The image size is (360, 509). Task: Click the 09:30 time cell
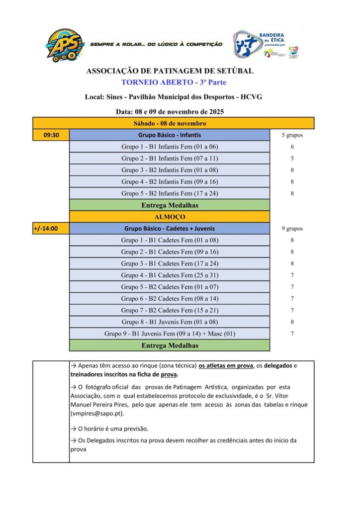click(x=51, y=135)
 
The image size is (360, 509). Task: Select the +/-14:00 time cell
click(x=51, y=229)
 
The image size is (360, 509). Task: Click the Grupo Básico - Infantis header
click(x=170, y=135)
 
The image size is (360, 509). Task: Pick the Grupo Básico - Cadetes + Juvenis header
click(x=170, y=229)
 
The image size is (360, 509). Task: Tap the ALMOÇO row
click(x=170, y=217)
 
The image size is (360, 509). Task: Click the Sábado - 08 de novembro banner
click(x=174, y=123)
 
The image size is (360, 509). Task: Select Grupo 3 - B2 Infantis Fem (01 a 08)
click(x=170, y=170)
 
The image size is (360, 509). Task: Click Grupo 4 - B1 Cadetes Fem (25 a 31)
click(x=170, y=275)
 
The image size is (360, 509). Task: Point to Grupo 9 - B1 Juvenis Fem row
click(x=170, y=334)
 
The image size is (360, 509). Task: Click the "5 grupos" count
click(x=292, y=135)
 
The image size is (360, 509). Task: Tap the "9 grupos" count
click(x=292, y=229)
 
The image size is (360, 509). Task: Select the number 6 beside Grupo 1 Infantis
click(x=292, y=147)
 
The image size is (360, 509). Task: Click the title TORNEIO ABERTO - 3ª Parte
click(x=170, y=82)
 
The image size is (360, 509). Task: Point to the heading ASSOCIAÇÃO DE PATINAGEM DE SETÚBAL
click(x=170, y=71)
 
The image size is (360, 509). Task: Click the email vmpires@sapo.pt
click(x=97, y=414)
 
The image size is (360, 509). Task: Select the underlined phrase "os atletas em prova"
click(x=226, y=366)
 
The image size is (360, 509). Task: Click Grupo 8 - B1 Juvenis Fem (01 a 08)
click(x=170, y=322)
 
